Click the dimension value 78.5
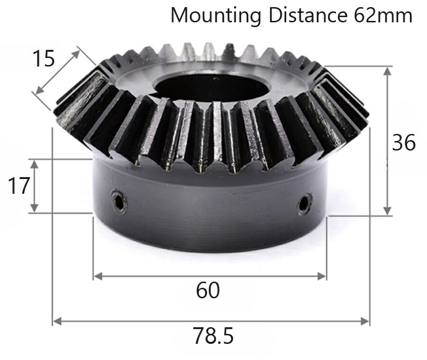[x=213, y=336]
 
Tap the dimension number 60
[x=208, y=290]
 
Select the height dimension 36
[x=404, y=142]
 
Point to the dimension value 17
[x=19, y=186]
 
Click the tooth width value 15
[x=43, y=59]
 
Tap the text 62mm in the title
[x=383, y=15]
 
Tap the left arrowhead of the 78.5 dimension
[x=56, y=321]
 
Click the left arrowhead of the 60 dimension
[x=97, y=276]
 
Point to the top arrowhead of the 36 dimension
[x=388, y=71]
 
